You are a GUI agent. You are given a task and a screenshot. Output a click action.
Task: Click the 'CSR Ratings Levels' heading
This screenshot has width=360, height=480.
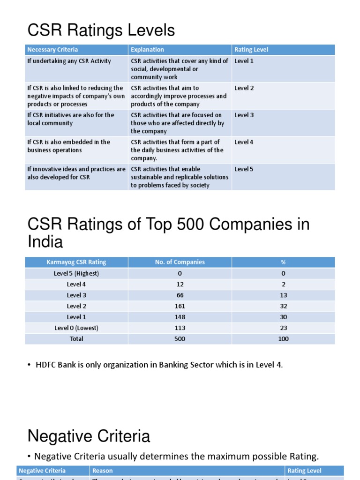(x=101, y=30)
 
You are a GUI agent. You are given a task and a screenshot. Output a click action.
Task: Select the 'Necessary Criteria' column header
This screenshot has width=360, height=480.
(x=52, y=50)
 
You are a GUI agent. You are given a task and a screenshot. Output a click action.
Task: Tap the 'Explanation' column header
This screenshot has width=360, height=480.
(x=147, y=50)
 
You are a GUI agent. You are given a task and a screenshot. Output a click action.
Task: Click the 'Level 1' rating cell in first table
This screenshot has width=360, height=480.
(x=244, y=61)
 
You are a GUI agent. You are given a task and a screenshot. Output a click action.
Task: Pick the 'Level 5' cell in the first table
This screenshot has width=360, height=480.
(x=244, y=169)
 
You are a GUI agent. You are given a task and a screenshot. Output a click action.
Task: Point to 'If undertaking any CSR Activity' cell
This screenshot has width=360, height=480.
(x=69, y=61)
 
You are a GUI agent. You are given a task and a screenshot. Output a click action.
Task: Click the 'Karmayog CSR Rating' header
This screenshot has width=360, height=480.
(x=76, y=262)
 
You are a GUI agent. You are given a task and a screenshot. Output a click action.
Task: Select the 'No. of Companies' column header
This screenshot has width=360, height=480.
(x=180, y=262)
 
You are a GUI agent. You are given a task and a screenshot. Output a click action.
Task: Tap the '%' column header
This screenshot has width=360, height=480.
(x=283, y=262)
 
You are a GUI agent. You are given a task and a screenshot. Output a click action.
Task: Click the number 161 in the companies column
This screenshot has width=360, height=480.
(x=180, y=306)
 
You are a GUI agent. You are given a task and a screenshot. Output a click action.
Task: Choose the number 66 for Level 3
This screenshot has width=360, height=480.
(x=180, y=295)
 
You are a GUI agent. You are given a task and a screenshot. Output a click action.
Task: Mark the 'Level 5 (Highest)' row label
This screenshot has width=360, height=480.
(x=76, y=273)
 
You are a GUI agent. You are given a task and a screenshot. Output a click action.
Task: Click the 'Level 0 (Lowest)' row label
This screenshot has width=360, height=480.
(x=76, y=328)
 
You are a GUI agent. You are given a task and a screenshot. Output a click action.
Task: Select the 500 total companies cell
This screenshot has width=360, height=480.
(x=180, y=339)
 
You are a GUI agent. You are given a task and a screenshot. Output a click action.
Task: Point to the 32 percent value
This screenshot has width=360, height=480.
(x=283, y=306)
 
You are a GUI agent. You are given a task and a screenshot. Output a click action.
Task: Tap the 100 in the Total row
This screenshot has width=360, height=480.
(x=283, y=339)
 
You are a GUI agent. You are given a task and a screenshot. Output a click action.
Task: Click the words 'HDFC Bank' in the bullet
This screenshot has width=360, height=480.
(x=52, y=365)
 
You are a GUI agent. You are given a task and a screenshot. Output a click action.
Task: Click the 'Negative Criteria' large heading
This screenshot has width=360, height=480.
(x=89, y=436)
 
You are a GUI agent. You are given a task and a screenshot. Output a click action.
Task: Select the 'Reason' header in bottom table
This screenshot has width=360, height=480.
(x=102, y=471)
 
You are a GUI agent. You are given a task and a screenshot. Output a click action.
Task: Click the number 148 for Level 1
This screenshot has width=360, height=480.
(x=180, y=317)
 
